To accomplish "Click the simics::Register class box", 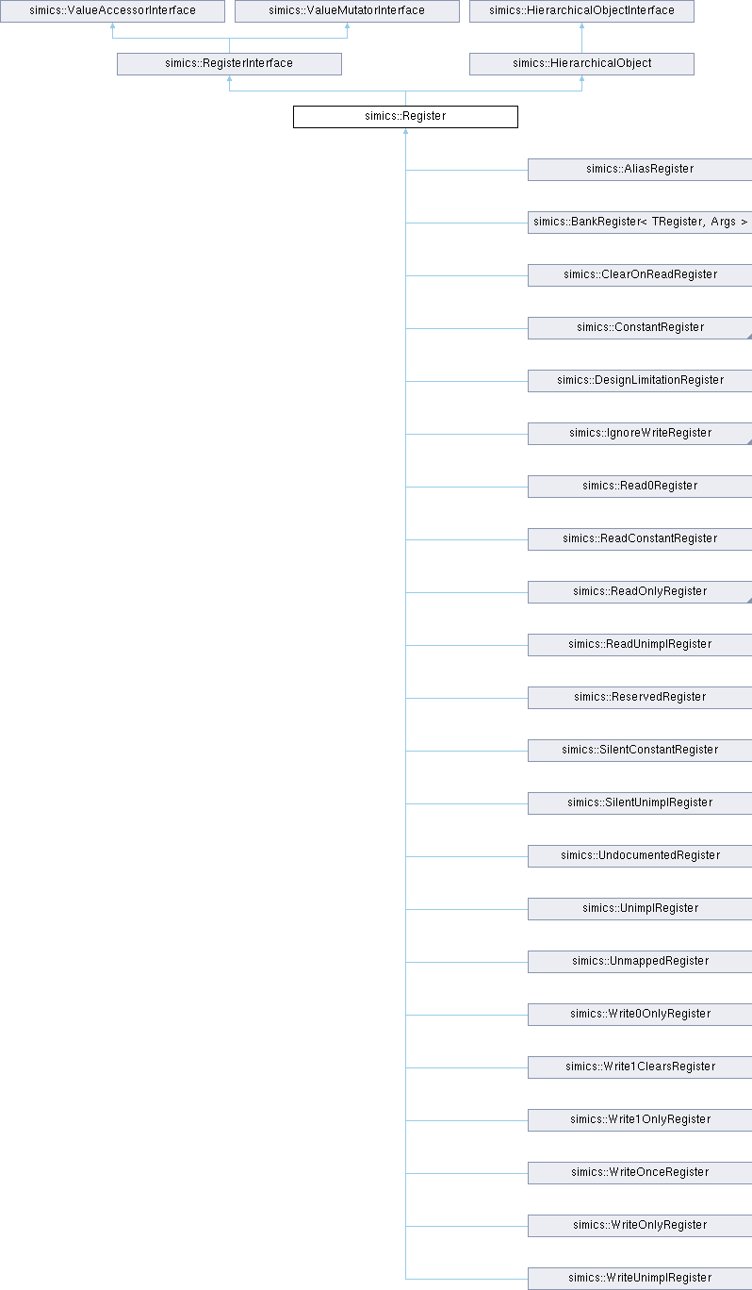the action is click(x=405, y=116).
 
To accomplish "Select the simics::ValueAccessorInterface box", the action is click(x=112, y=11).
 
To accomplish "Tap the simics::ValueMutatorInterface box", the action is click(x=347, y=11).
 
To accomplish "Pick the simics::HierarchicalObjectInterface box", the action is click(x=581, y=11).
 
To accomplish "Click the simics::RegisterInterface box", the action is click(x=229, y=64).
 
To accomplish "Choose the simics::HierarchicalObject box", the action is click(x=581, y=64).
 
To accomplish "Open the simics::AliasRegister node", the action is click(x=640, y=170).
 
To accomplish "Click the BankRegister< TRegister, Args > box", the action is click(x=640, y=223).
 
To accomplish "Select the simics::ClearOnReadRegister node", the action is click(x=640, y=275).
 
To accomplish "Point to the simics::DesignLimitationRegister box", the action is click(x=640, y=381).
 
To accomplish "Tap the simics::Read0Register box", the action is click(x=640, y=487).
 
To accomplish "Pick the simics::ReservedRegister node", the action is click(x=640, y=698).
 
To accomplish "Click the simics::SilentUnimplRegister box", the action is click(x=640, y=803).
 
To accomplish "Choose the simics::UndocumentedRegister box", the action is click(x=640, y=856).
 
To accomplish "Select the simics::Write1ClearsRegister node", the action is click(x=640, y=1067).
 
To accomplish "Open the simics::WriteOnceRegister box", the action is click(x=640, y=1172).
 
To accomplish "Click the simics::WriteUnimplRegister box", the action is click(x=640, y=1279).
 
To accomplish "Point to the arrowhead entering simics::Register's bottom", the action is click(x=405, y=131).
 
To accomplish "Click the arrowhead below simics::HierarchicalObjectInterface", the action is click(x=581, y=25).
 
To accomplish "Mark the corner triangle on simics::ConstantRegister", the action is click(x=750, y=337).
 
